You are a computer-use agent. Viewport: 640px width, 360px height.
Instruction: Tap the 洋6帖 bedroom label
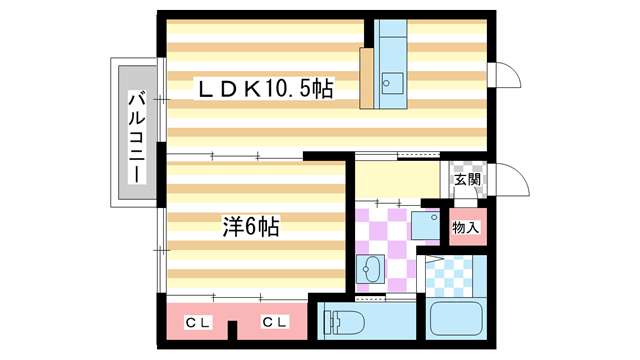[249, 227]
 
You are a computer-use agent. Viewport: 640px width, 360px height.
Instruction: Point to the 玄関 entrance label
[467, 181]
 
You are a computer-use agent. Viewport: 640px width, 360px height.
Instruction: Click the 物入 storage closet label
[466, 228]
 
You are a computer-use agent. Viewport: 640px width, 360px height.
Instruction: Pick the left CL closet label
[198, 322]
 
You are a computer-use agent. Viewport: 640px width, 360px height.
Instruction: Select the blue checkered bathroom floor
[455, 271]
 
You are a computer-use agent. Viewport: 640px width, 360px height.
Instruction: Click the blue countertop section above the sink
[393, 40]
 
